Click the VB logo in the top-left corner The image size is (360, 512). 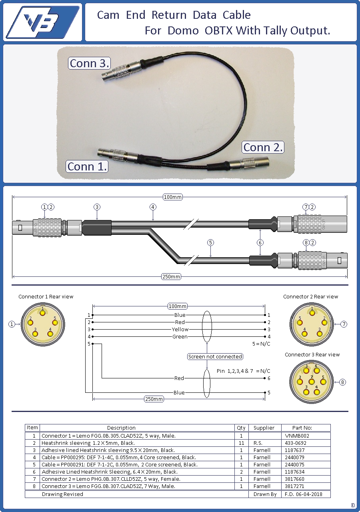point(43,22)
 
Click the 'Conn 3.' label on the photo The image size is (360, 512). point(89,63)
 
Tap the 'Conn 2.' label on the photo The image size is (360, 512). point(263,147)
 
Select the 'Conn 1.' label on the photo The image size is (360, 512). point(87,166)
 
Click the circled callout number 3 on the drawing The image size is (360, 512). point(97,207)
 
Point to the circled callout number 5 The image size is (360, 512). point(210,242)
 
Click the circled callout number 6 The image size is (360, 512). point(260,242)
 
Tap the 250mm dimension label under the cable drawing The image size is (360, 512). point(171,276)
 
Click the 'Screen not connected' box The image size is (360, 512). point(215,356)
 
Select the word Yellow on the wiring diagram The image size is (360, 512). point(180,329)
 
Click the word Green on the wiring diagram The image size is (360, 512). point(180,336)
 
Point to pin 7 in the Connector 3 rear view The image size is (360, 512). point(312,382)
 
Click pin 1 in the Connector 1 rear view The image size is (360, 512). point(42,313)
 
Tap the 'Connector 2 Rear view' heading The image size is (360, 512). point(310,297)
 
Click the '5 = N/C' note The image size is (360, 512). point(261,344)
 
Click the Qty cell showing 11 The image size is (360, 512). point(241,443)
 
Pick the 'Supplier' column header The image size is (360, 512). point(264,428)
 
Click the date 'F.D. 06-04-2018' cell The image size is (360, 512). point(303,494)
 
